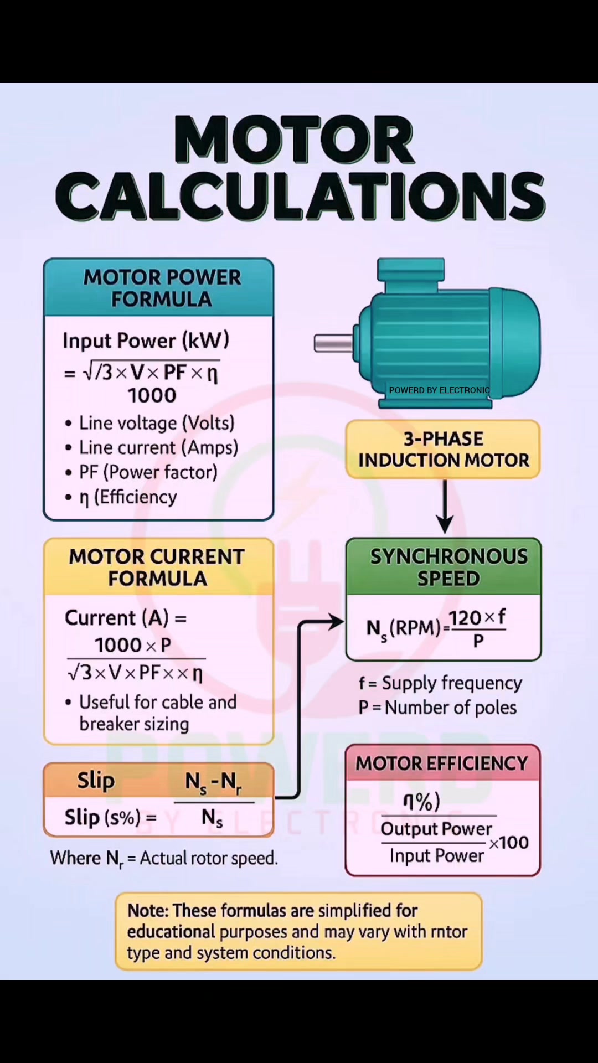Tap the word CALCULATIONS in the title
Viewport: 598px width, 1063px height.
click(x=300, y=195)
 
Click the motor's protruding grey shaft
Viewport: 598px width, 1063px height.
click(x=333, y=343)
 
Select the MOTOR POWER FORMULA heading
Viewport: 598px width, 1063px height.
click(x=162, y=288)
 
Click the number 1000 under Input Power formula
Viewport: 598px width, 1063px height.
click(x=152, y=395)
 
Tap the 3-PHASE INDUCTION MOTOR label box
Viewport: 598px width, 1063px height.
click(x=443, y=449)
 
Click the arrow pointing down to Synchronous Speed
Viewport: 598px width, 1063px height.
click(x=445, y=507)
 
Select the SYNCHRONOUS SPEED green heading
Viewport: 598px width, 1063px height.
click(x=448, y=567)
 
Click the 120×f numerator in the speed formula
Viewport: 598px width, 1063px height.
click(x=477, y=617)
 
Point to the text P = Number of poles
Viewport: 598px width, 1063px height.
click(x=437, y=708)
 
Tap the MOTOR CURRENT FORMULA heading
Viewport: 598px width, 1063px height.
click(x=157, y=567)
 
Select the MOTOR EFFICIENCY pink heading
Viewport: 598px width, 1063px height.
click(x=442, y=763)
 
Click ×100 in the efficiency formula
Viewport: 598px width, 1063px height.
click(x=508, y=843)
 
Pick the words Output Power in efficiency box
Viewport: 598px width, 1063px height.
click(x=436, y=829)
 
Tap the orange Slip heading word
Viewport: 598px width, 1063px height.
click(x=96, y=781)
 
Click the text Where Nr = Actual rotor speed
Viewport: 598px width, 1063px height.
click(x=164, y=858)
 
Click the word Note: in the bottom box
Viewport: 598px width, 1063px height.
click(x=147, y=911)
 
